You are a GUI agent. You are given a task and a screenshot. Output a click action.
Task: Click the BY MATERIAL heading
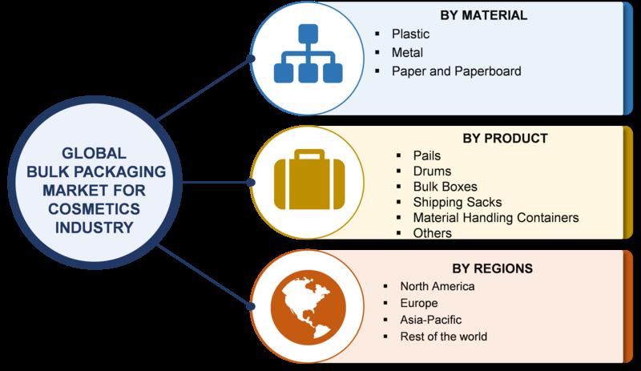[x=484, y=15]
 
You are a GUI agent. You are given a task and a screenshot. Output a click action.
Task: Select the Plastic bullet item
[x=410, y=34]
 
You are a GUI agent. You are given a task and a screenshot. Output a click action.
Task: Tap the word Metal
[x=407, y=52]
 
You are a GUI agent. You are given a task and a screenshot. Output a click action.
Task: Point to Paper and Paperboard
[x=456, y=71]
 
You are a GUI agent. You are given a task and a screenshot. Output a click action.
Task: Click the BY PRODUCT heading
[x=506, y=139]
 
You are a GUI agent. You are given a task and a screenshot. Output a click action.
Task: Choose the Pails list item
[x=427, y=155]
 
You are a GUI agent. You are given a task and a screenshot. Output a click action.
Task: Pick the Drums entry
[x=432, y=171]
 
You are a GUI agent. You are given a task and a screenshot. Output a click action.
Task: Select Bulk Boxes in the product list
[x=445, y=187]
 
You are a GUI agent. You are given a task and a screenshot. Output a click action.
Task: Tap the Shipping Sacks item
[x=458, y=202]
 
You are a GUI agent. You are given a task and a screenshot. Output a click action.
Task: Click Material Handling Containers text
[x=496, y=218]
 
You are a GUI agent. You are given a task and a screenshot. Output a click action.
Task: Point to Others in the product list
[x=433, y=232]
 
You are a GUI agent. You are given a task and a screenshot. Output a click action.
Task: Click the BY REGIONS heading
[x=492, y=268]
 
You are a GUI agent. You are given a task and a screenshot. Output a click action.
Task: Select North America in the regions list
[x=437, y=286]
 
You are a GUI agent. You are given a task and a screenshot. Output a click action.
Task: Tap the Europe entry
[x=419, y=303]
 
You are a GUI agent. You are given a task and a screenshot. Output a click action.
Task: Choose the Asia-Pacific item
[x=431, y=320]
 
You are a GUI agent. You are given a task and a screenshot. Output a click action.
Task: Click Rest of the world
[x=444, y=337]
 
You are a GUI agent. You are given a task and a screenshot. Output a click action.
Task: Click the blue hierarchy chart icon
[x=308, y=53]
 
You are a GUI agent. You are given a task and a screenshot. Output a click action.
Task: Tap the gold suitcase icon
[x=309, y=179]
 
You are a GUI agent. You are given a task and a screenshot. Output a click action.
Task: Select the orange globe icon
[x=308, y=308]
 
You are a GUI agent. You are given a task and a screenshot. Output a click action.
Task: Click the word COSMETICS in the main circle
[x=94, y=208]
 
